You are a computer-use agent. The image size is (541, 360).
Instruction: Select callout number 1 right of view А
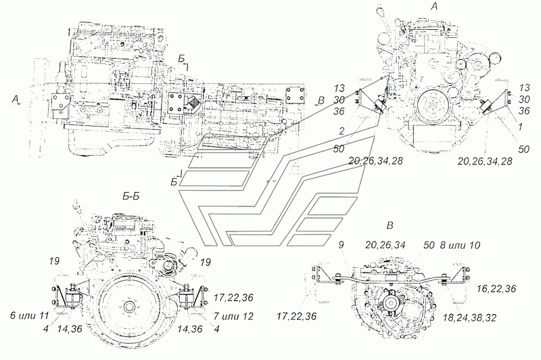coord(520,127)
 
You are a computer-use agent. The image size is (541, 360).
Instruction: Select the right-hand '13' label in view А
coord(524,87)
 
